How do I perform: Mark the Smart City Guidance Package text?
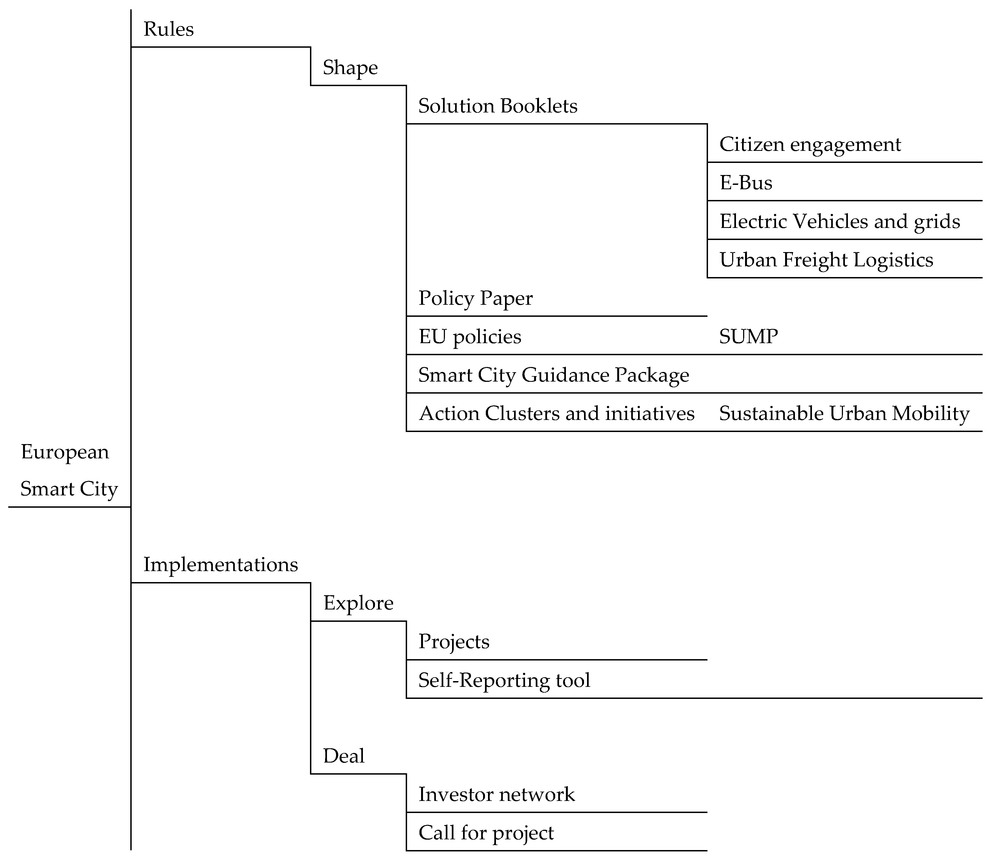tap(553, 375)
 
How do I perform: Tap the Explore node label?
tap(358, 603)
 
